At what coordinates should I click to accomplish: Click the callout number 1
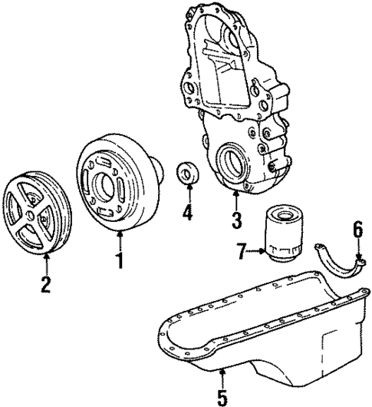click(x=119, y=260)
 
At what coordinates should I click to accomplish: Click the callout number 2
click(x=45, y=285)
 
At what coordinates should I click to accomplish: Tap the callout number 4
click(x=187, y=211)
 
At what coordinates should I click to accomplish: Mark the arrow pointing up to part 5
click(x=222, y=378)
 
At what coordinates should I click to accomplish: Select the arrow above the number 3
click(x=235, y=201)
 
